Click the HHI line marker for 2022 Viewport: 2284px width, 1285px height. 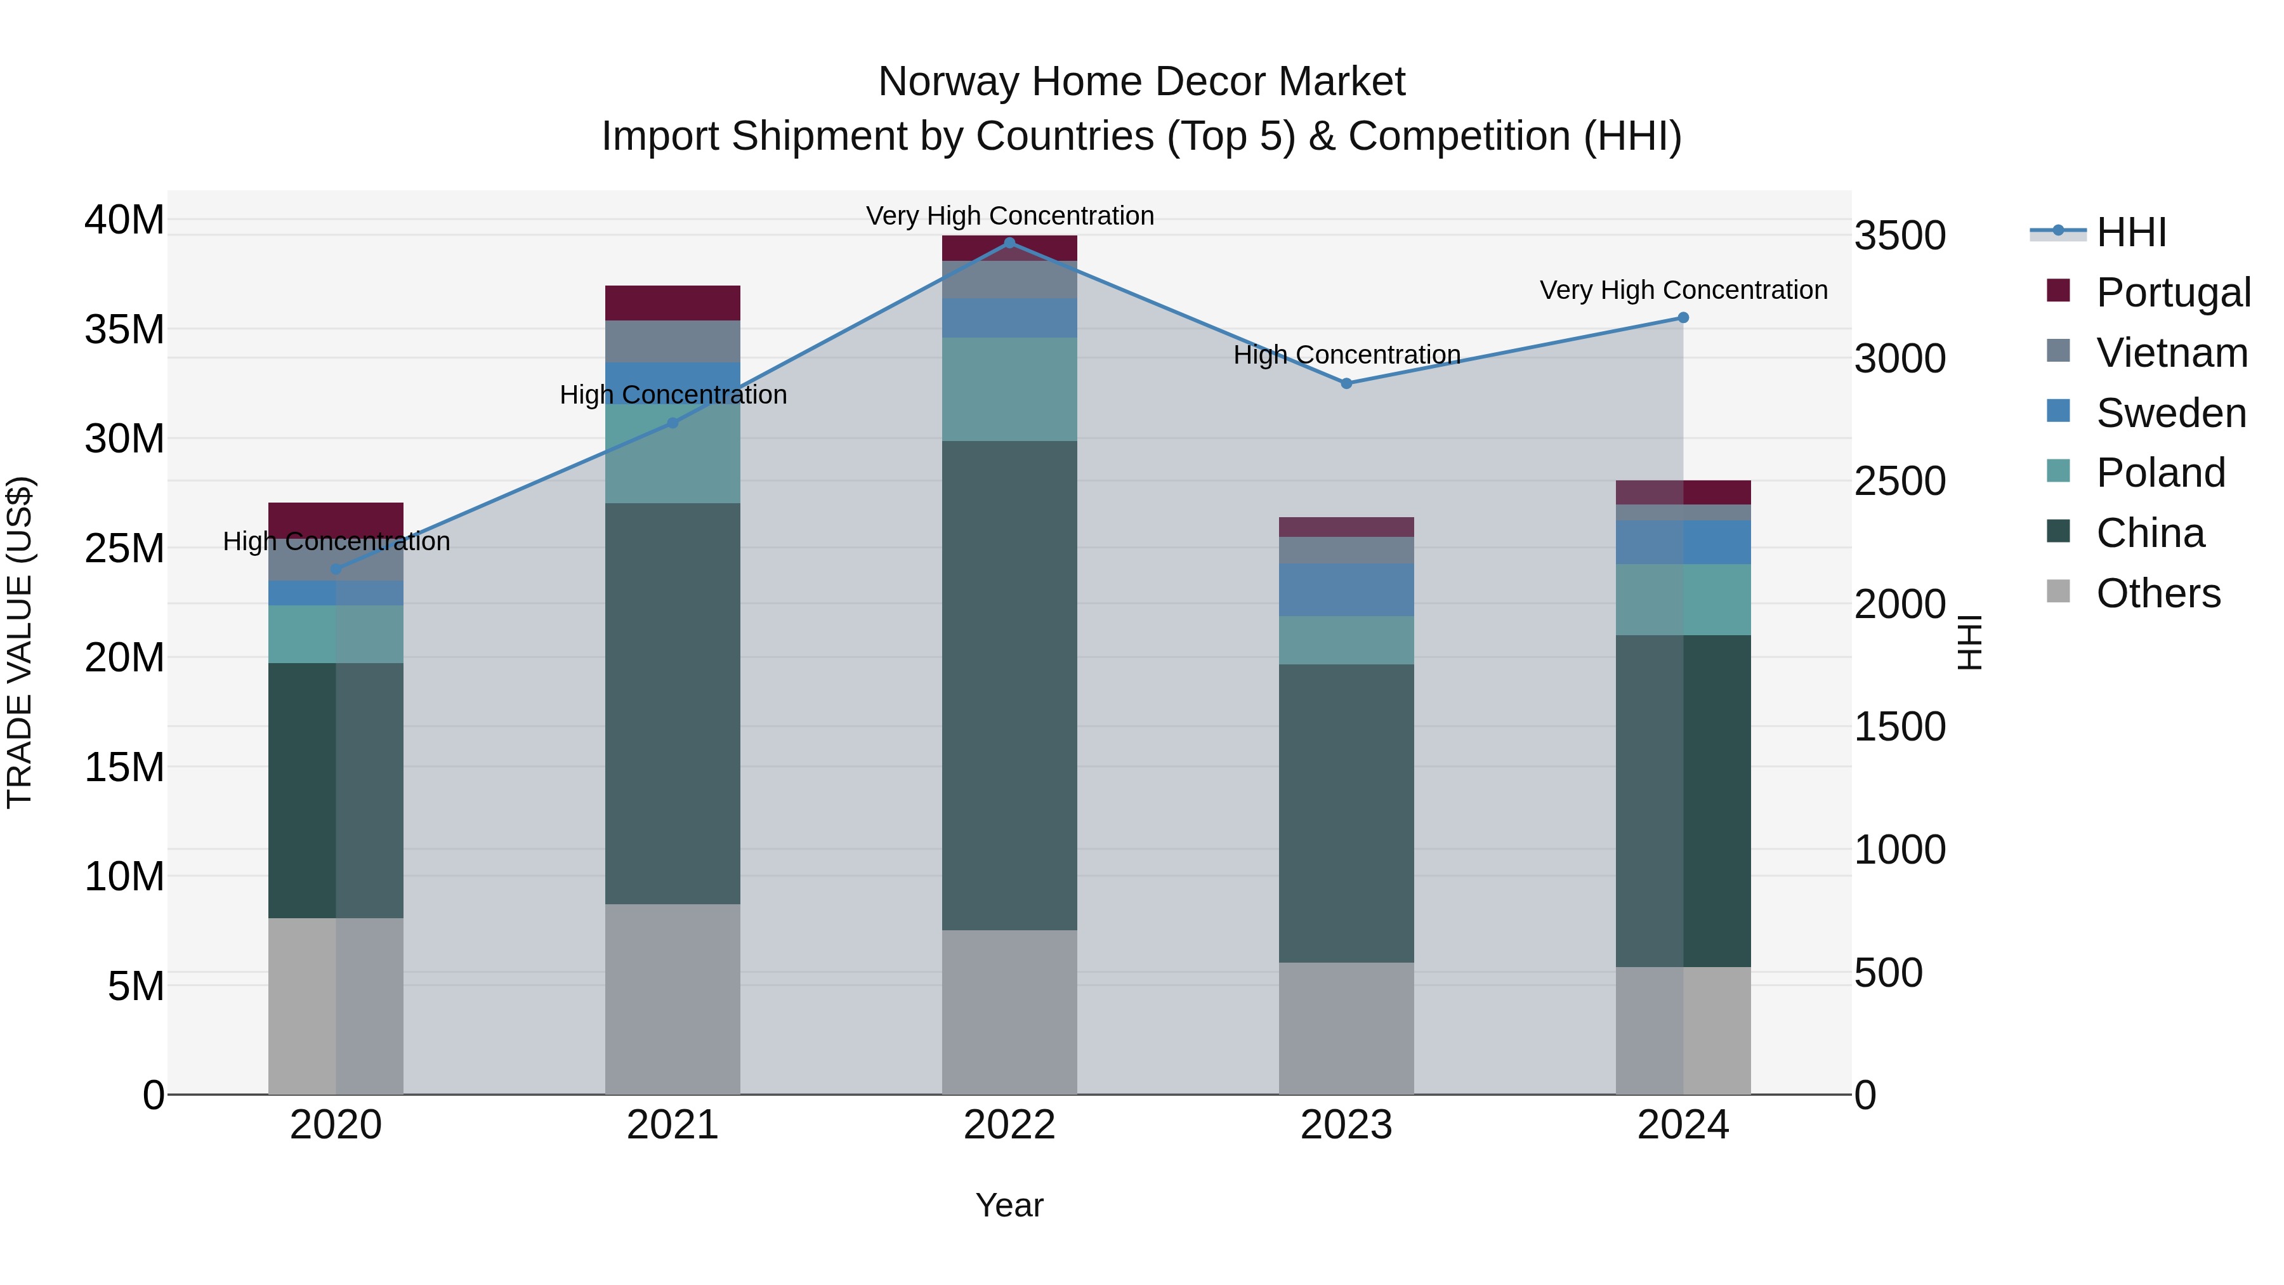[1009, 243]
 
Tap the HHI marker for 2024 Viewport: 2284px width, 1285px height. [1683, 317]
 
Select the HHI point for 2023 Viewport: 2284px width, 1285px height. [1346, 383]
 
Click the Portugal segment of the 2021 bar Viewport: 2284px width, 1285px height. [672, 303]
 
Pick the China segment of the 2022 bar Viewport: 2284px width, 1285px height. [1009, 685]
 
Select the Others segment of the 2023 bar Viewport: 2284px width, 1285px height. [1346, 1028]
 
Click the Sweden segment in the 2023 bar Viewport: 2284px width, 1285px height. [1346, 590]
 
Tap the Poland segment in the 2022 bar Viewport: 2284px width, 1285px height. [1009, 388]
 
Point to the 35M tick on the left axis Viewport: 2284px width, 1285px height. [124, 329]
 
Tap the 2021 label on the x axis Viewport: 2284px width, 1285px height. [672, 1125]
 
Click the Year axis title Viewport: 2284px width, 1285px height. [1009, 1205]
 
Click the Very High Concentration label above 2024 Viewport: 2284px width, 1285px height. [1683, 290]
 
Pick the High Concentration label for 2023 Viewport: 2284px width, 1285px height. [1346, 355]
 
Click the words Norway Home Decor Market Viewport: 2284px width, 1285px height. [1141, 82]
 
